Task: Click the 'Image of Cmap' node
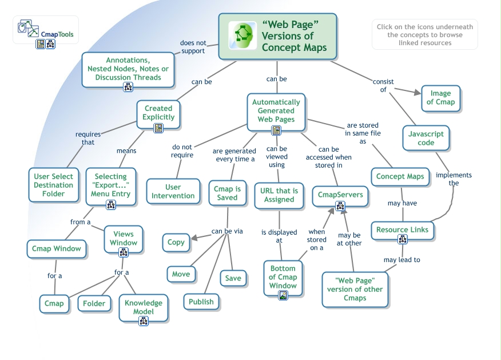[440, 98]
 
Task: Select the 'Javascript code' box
[426, 138]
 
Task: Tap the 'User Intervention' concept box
[173, 191]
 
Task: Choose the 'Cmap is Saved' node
[227, 193]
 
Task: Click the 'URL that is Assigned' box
[279, 195]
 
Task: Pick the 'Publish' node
[201, 302]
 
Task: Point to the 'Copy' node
[176, 242]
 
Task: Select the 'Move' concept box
[181, 274]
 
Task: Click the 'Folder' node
[94, 303]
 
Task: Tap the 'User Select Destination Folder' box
[53, 185]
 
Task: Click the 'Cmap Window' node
[57, 249]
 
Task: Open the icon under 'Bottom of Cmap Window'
[283, 295]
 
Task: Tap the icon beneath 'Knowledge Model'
[144, 321]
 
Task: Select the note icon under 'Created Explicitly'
[158, 128]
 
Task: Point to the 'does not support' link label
[193, 47]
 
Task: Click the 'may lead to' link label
[401, 259]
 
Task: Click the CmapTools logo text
[57, 34]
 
